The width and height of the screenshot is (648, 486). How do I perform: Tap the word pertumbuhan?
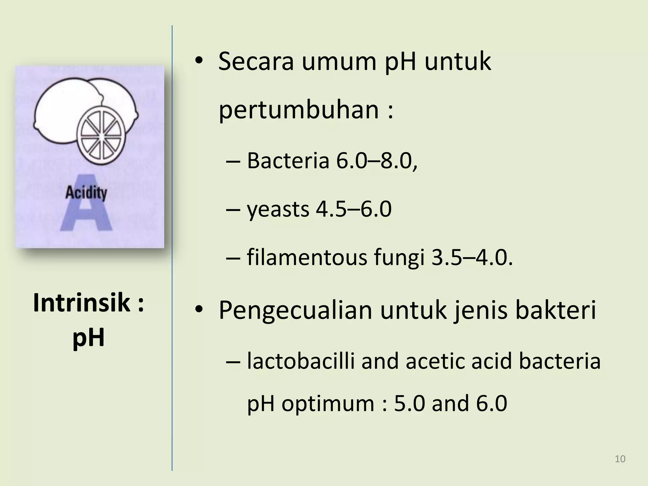point(298,110)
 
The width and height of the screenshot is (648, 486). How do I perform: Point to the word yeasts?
point(278,210)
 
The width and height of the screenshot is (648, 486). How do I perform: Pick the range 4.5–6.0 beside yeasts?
point(354,209)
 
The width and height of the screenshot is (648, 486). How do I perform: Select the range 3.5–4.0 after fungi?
point(471,258)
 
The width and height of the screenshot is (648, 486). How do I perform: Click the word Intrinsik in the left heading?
point(82,303)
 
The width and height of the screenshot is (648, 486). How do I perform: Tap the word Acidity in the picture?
point(86,193)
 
